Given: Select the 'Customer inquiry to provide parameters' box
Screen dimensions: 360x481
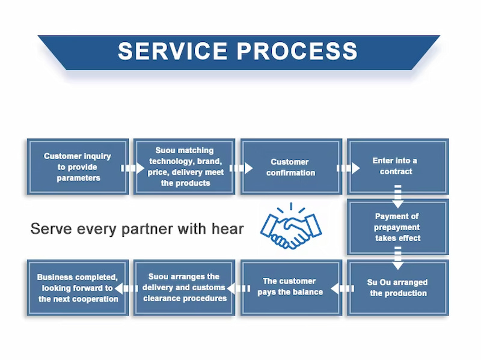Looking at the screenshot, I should point(78,166).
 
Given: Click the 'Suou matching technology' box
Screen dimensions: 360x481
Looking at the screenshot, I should point(185,166).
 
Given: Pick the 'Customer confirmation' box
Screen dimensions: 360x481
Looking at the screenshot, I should point(291,166).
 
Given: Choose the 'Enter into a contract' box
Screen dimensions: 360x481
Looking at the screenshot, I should point(397,166).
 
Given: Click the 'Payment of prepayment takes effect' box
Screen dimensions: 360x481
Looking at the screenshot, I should point(397,227).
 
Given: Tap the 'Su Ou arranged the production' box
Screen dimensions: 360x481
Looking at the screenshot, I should point(397,287).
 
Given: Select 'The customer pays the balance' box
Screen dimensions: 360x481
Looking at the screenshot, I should point(291,287).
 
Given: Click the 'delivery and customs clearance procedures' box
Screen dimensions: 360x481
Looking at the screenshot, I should point(185,287).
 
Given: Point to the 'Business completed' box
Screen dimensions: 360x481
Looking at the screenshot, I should point(78,287).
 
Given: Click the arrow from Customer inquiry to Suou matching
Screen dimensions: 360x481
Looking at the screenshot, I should point(130,168).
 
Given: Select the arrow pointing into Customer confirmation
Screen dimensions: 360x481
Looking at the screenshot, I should point(238,168).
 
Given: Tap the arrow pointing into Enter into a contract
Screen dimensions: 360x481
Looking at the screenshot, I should point(345,168).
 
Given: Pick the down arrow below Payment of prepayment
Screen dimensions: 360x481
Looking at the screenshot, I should point(397,258).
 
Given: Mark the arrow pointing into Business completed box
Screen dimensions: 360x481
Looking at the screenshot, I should point(130,289).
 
